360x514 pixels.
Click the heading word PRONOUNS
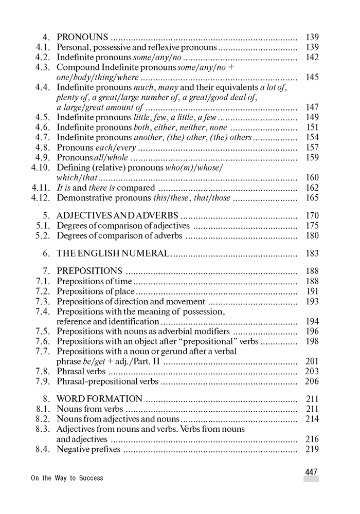pyautogui.click(x=82, y=37)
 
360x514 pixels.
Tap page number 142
pyautogui.click(x=312, y=57)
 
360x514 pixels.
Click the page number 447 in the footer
pyautogui.click(x=311, y=472)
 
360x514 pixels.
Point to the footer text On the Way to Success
pyautogui.click(x=67, y=478)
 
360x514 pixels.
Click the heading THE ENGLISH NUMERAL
pyautogui.click(x=113, y=253)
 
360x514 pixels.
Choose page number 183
pyautogui.click(x=312, y=253)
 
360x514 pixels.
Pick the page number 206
pyautogui.click(x=312, y=381)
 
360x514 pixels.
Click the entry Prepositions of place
pyautogui.click(x=95, y=291)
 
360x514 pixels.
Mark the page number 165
pyautogui.click(x=312, y=197)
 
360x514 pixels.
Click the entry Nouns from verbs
pyautogui.click(x=90, y=409)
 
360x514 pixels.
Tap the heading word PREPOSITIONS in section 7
pyautogui.click(x=89, y=271)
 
